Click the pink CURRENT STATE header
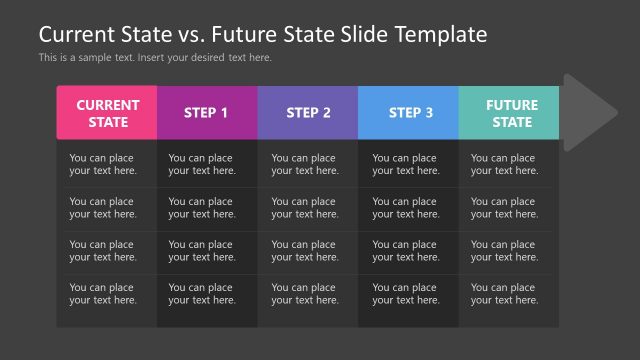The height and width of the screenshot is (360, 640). click(x=107, y=113)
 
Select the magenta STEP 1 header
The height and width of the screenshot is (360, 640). click(x=207, y=113)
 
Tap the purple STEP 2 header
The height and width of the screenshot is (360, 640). click(x=308, y=113)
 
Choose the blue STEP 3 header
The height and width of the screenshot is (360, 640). click(x=409, y=113)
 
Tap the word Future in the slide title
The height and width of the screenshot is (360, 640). click(x=217, y=34)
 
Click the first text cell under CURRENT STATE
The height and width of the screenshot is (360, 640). click(x=102, y=164)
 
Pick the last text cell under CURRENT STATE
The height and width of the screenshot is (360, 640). click(x=102, y=294)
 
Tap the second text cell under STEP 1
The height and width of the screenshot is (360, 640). click(x=202, y=208)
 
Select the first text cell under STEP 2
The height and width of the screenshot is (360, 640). click(x=304, y=164)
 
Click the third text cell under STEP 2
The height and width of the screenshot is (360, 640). click(x=304, y=251)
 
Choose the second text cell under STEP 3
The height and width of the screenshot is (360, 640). click(x=405, y=208)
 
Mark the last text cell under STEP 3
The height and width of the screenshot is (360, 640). click(x=405, y=294)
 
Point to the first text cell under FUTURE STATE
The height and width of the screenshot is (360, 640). click(x=504, y=164)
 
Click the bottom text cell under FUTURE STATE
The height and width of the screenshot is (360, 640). click(x=504, y=294)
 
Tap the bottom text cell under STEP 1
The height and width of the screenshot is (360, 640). click(x=202, y=294)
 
